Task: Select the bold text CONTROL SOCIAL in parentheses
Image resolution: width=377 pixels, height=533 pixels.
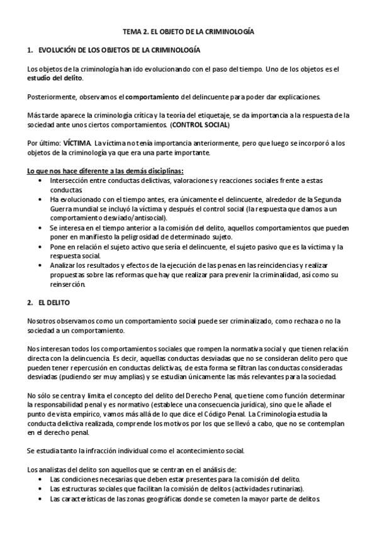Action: click(x=202, y=124)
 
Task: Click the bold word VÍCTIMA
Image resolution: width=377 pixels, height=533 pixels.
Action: click(x=78, y=143)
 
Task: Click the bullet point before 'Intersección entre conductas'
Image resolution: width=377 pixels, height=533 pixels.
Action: click(x=40, y=180)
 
